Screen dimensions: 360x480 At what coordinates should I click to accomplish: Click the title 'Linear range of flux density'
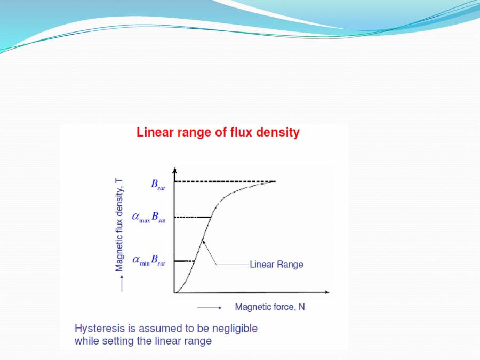pos(218,132)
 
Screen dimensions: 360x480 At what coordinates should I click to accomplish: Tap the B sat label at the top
pos(158,185)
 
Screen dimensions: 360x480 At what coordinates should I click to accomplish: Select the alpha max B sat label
pos(149,217)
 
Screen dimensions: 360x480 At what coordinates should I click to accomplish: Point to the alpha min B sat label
pos(149,261)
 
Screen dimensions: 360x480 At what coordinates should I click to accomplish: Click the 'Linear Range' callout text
pos(276,265)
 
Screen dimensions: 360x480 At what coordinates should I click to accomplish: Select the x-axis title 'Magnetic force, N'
pos(270,307)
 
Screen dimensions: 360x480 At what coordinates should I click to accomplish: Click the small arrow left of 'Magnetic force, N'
pos(209,307)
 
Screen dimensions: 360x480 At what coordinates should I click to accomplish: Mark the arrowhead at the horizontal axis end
pos(327,292)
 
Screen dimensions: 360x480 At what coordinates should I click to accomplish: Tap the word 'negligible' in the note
pos(235,328)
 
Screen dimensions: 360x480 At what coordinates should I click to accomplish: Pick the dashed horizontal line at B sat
pos(224,182)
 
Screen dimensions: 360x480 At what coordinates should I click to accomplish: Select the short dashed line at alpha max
pos(192,217)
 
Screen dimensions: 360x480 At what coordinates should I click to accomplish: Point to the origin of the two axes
pos(174,292)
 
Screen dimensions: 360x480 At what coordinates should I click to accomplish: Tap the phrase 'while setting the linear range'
pos(143,340)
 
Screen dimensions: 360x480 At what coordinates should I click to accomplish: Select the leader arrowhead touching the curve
pos(203,242)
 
